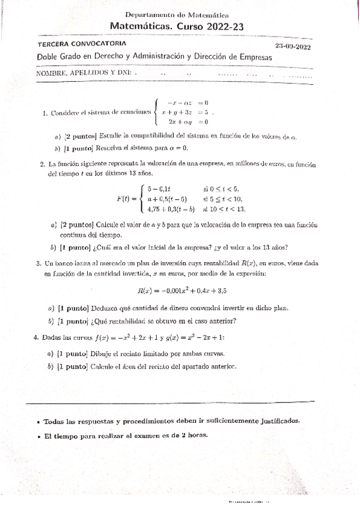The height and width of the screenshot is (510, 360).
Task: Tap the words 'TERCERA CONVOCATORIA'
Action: (x=82, y=45)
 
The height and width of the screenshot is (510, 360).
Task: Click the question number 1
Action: (x=45, y=112)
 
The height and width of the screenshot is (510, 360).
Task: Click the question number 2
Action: (x=42, y=163)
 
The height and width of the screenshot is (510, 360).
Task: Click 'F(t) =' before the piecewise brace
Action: (x=127, y=198)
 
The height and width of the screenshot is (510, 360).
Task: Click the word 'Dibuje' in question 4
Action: (x=103, y=354)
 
